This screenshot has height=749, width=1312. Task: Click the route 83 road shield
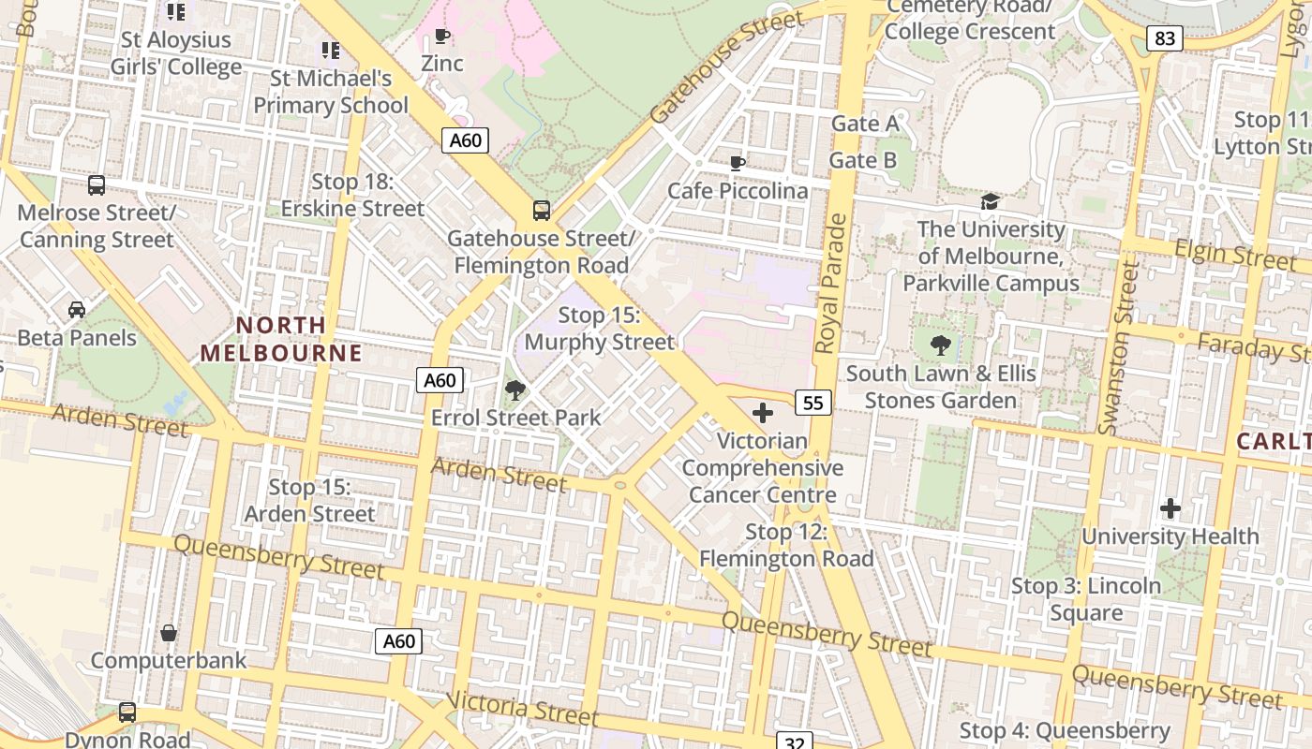point(1165,38)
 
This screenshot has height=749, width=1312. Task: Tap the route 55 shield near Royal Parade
point(813,403)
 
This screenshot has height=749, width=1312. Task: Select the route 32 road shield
point(795,742)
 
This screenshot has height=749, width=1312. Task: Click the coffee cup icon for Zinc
point(441,37)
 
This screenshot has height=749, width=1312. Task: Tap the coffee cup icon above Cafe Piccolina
point(738,164)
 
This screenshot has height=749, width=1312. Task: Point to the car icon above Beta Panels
point(77,309)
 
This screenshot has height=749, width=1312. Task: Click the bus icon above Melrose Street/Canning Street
point(97,184)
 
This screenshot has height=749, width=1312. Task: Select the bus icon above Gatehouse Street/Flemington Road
point(542,210)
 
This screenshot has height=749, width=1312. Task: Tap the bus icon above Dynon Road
point(127,712)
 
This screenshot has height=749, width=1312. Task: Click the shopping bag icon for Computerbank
point(169,633)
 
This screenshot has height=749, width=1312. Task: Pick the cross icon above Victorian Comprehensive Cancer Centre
point(763,412)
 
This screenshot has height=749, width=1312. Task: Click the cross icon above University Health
point(1170,508)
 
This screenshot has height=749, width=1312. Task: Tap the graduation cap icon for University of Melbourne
point(991,201)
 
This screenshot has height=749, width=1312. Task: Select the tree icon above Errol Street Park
point(514,389)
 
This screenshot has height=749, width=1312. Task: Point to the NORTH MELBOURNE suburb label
point(281,339)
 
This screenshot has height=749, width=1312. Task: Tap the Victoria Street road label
point(523,709)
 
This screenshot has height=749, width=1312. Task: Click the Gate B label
point(863,160)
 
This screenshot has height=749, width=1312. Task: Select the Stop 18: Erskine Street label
point(354,195)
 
